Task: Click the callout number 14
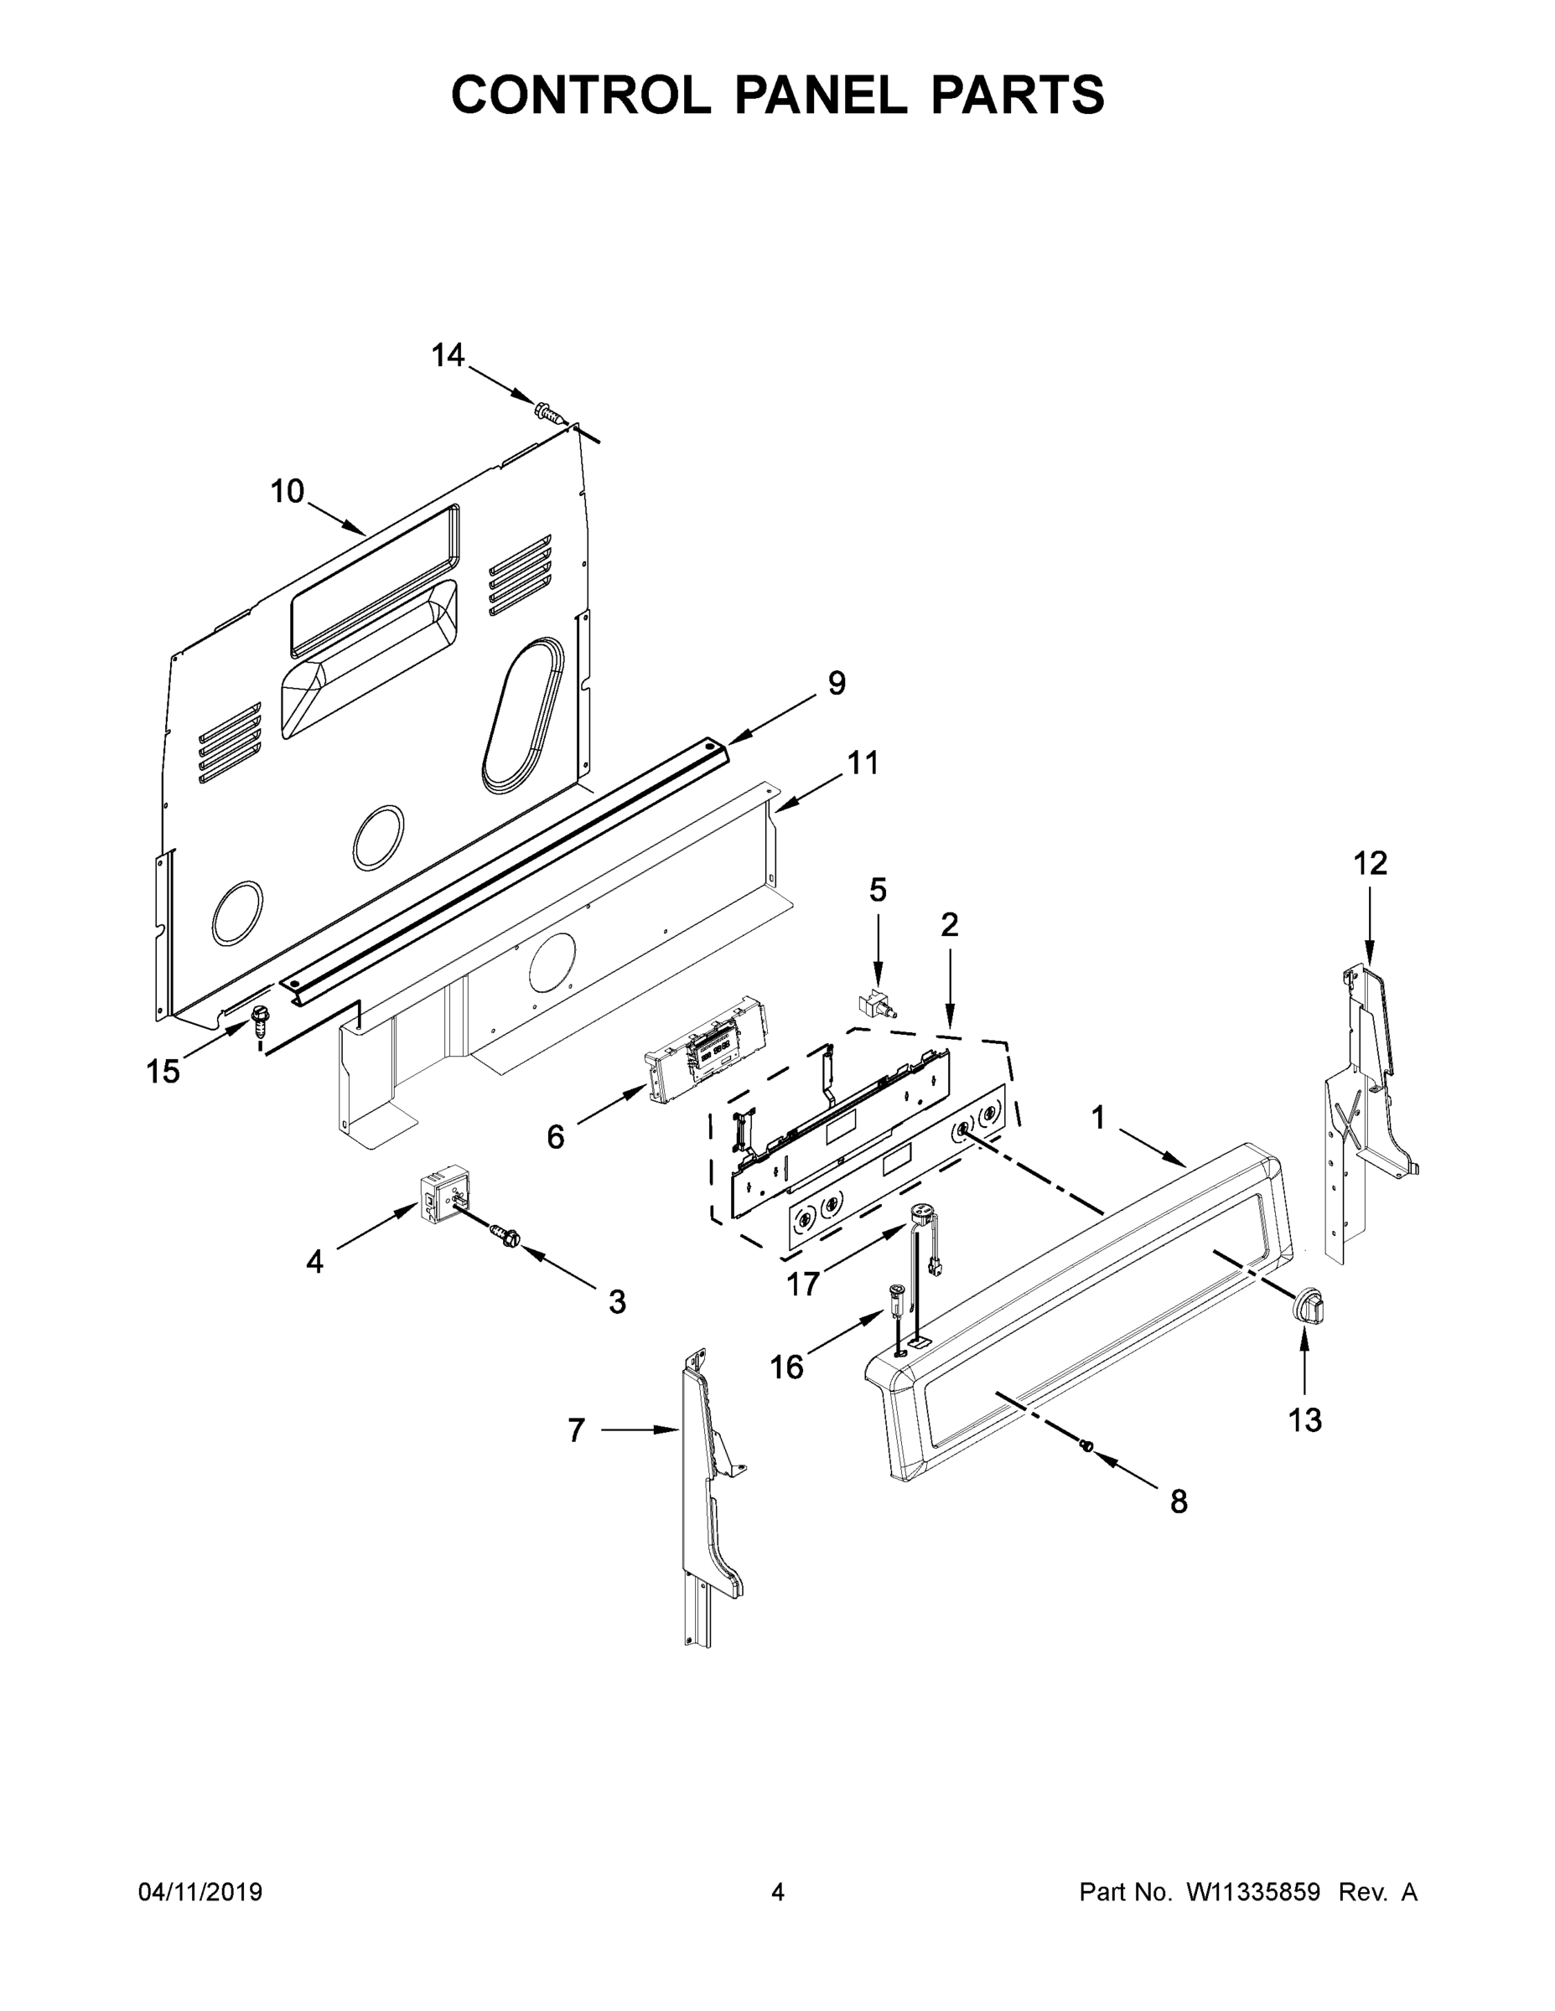coord(448,354)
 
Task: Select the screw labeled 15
coord(261,1019)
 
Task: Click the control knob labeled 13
coord(1306,1306)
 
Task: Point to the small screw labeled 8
coord(1086,1447)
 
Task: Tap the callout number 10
coord(287,492)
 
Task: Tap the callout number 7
coord(576,1430)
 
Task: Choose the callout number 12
coord(1370,863)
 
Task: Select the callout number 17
coord(803,1283)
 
